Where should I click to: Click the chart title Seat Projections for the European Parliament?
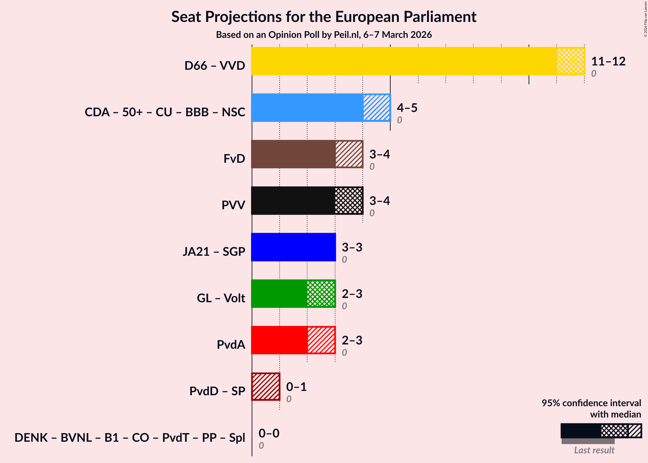[324, 17]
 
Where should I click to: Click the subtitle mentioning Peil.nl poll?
[324, 35]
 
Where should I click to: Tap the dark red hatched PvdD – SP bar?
[266, 387]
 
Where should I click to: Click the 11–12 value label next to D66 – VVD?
[608, 61]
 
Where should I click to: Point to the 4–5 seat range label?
[407, 108]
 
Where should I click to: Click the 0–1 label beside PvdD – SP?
[296, 387]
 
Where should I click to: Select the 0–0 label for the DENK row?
[269, 433]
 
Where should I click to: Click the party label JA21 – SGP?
[214, 252]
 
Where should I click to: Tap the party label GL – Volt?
[221, 298]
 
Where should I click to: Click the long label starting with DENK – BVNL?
[130, 438]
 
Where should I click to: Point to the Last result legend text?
[594, 450]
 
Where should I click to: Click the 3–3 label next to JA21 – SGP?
[352, 247]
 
